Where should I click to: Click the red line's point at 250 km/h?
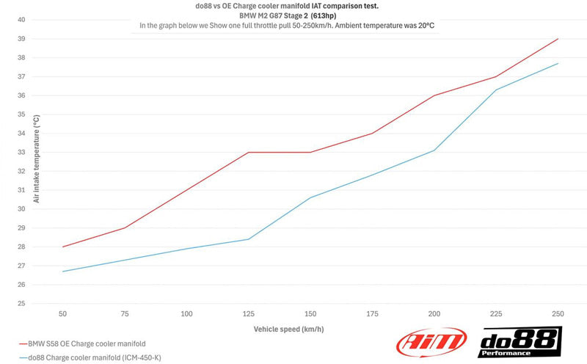pos(558,39)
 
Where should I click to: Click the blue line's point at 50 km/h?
pos(63,272)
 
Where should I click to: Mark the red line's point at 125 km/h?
pos(249,152)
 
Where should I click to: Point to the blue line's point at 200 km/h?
pos(434,150)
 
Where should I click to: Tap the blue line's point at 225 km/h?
pos(497,90)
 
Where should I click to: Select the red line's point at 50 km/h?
pos(63,247)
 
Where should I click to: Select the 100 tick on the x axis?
pos(186,314)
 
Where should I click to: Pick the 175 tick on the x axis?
pos(372,314)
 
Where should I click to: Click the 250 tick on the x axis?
pos(558,314)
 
